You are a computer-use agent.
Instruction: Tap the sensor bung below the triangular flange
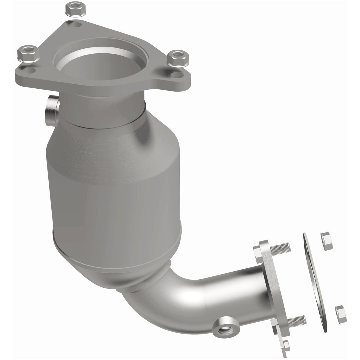[x=51, y=110]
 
